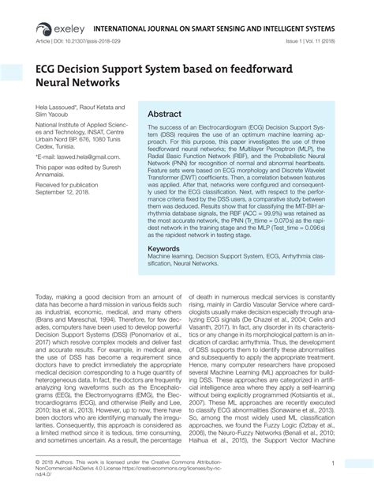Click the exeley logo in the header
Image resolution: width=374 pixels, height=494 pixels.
[x=54, y=13]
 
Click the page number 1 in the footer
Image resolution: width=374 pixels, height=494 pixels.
[x=334, y=463]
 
